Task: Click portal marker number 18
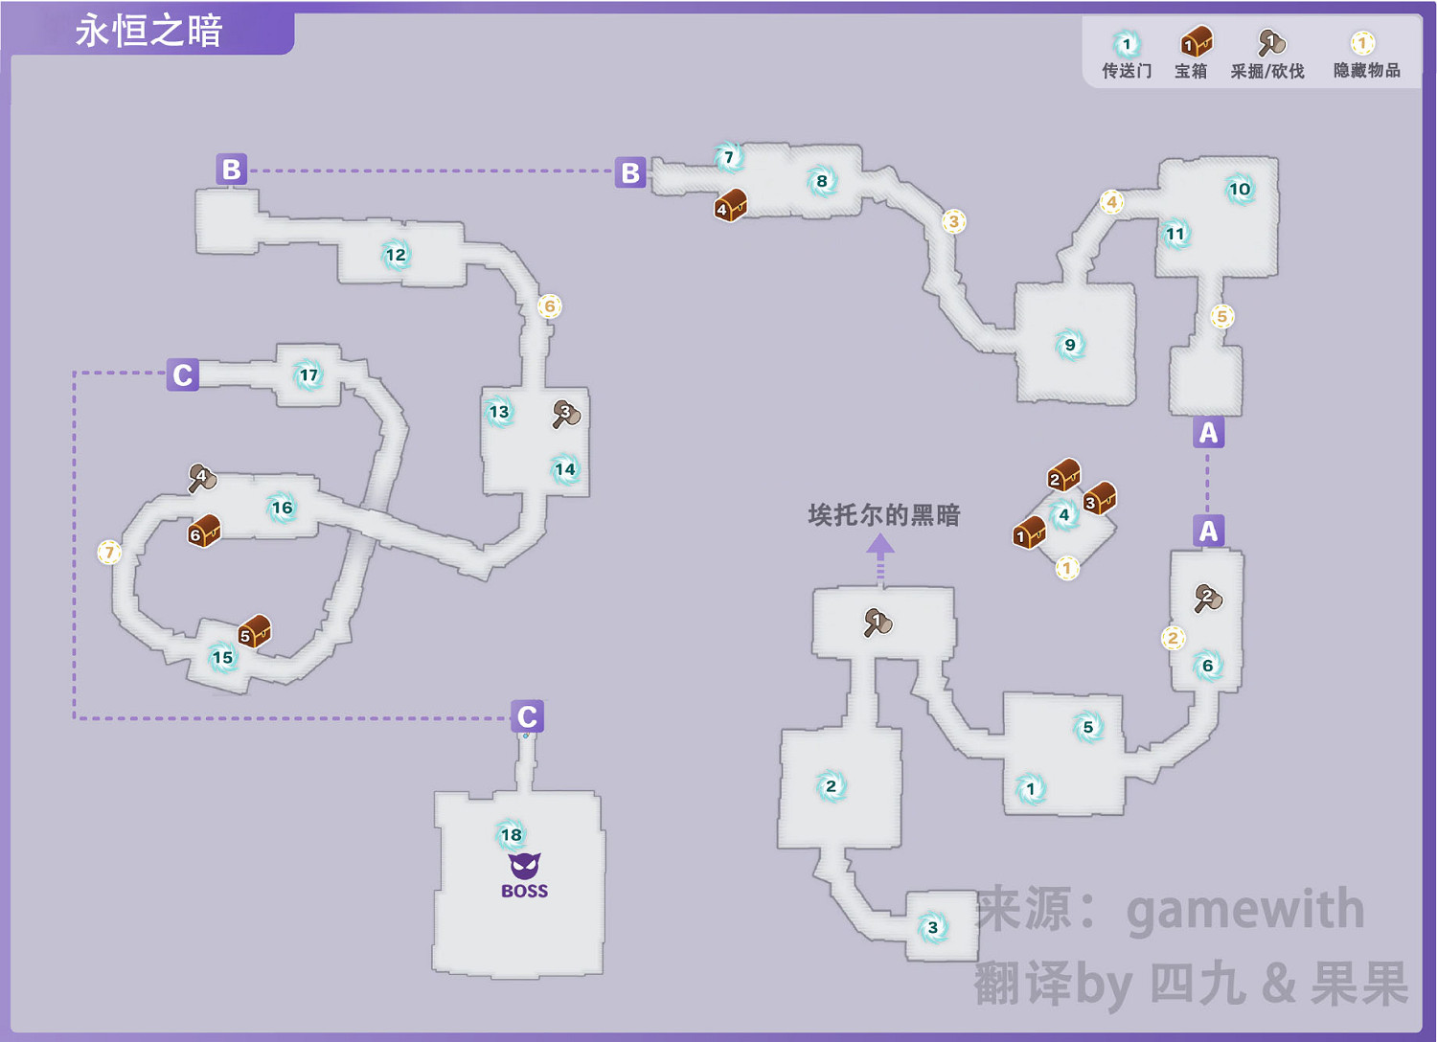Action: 512,834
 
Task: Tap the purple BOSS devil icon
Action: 524,867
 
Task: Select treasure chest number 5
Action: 254,631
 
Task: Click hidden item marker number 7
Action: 109,552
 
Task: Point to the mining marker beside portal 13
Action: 566,414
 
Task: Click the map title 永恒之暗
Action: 148,31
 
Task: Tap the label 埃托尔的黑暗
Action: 883,515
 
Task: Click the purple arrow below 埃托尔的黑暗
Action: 880,555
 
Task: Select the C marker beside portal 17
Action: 182,374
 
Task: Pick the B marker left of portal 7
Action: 629,172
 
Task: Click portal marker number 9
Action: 1070,345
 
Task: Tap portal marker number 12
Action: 396,255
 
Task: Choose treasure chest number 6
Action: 204,531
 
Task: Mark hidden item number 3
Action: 952,221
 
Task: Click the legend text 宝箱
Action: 1191,71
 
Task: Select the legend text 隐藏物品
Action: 1366,71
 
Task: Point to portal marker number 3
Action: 933,927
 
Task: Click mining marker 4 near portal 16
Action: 201,477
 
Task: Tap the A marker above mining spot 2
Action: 1208,531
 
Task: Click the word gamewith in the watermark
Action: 1244,909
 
